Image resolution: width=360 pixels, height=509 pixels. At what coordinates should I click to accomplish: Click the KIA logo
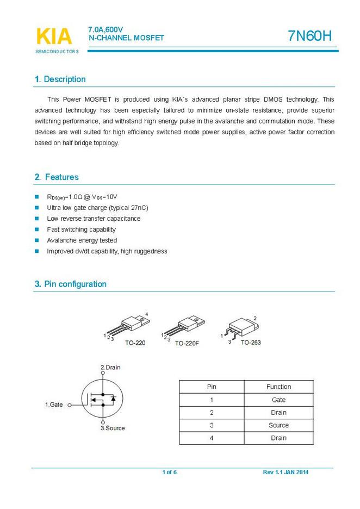pyautogui.click(x=54, y=36)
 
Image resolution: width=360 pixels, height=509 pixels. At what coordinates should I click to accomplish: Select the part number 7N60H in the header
pyautogui.click(x=309, y=36)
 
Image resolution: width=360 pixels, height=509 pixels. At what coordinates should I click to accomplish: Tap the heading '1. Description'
pyautogui.click(x=60, y=79)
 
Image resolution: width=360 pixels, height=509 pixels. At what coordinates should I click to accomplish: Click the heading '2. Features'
pyautogui.click(x=57, y=177)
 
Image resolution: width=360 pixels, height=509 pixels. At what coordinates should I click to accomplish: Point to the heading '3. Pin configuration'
pyautogui.click(x=71, y=284)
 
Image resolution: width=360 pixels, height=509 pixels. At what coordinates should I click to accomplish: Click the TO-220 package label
pyautogui.click(x=135, y=343)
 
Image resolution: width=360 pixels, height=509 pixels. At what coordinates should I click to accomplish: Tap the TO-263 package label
pyautogui.click(x=252, y=343)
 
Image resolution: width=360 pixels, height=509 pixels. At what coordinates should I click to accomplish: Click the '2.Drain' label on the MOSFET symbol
pyautogui.click(x=110, y=368)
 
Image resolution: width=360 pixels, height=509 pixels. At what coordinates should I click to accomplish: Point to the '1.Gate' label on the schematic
pyautogui.click(x=54, y=405)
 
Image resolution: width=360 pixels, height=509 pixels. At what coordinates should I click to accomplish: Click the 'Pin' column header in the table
pyautogui.click(x=212, y=387)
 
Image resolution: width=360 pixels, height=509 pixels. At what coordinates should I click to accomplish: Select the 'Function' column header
pyautogui.click(x=278, y=387)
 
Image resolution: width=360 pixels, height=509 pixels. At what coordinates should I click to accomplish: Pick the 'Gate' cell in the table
pyautogui.click(x=278, y=400)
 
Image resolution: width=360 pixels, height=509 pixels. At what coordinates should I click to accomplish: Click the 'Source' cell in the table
pyautogui.click(x=278, y=425)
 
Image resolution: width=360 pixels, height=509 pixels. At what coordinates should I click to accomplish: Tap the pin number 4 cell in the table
pyautogui.click(x=212, y=438)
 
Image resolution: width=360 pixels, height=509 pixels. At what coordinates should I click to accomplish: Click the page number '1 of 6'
pyautogui.click(x=170, y=472)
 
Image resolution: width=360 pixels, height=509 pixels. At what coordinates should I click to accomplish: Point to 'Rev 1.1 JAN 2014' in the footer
pyautogui.click(x=285, y=472)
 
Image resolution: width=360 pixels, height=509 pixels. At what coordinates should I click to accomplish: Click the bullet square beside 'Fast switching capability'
pyautogui.click(x=37, y=229)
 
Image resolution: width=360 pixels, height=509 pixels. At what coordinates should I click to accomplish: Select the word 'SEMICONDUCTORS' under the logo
pyautogui.click(x=57, y=52)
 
